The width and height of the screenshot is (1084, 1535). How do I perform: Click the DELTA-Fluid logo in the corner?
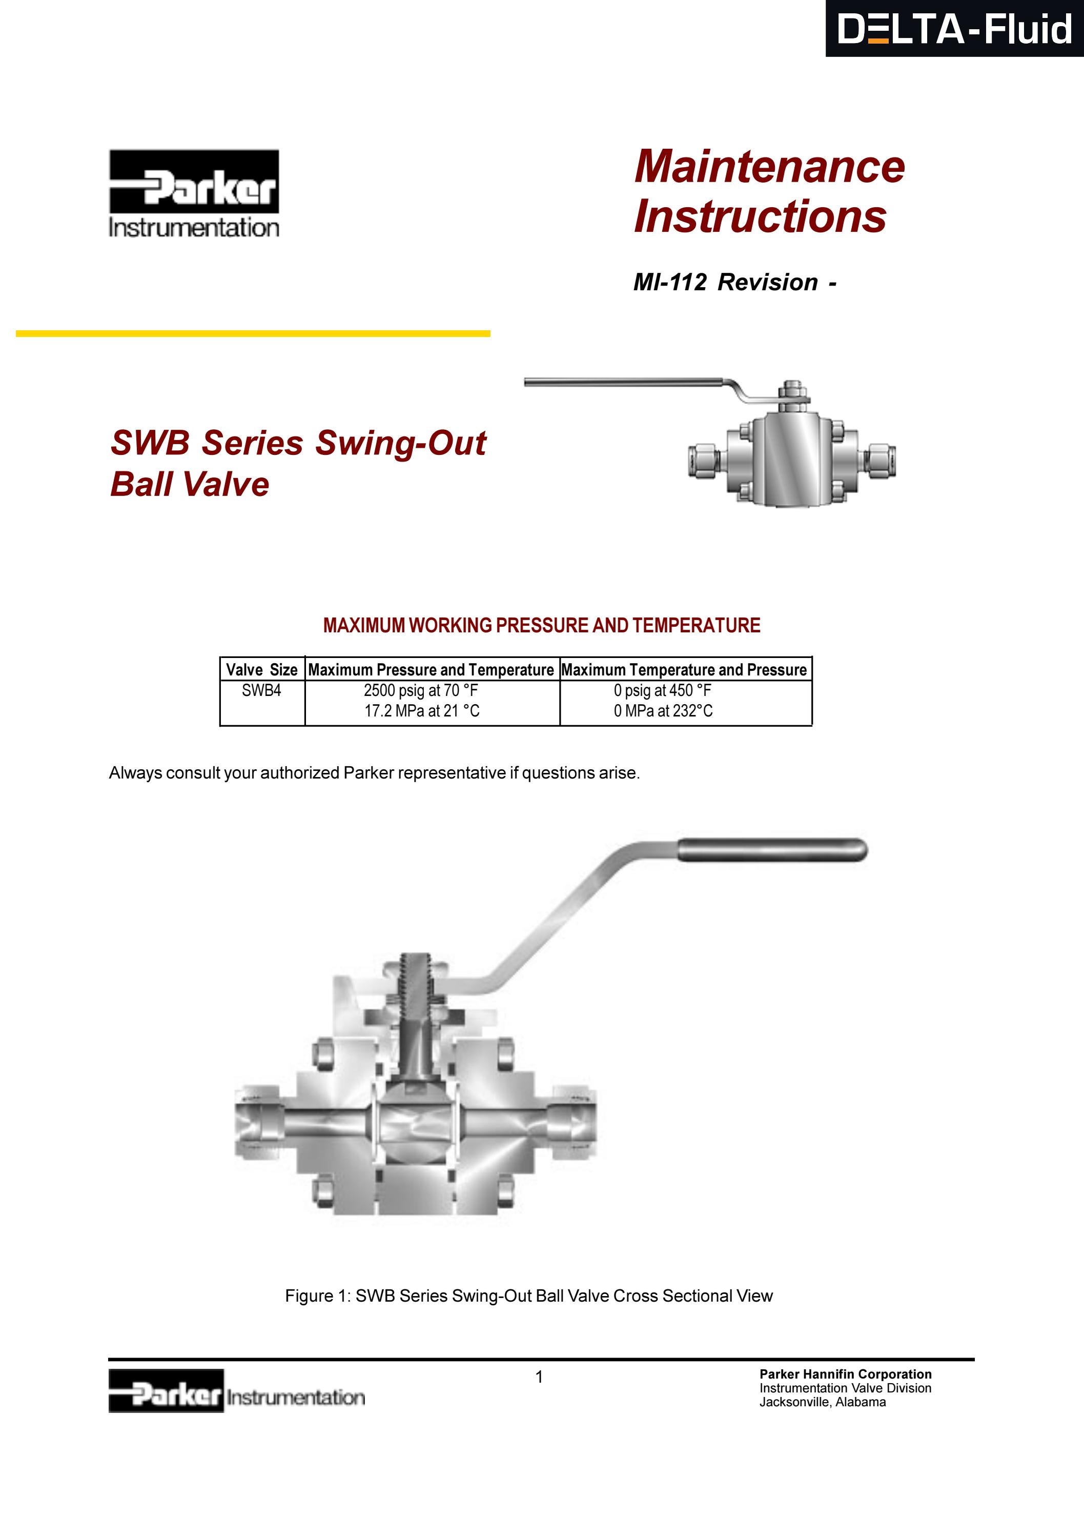point(954,29)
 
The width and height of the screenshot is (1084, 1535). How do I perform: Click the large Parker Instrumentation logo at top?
point(194,192)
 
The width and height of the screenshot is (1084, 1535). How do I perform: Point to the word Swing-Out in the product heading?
point(400,443)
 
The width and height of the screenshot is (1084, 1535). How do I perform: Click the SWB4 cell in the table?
point(261,691)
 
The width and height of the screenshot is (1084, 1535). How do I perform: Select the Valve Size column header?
point(261,669)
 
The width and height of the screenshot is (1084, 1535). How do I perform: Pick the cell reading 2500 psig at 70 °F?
point(420,691)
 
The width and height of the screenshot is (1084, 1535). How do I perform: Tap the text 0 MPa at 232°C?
point(663,711)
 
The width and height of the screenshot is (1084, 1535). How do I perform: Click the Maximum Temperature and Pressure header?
point(684,669)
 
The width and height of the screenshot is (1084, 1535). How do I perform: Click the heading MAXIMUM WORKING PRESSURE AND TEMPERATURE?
point(541,625)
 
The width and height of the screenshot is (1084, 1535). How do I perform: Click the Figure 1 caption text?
point(528,1295)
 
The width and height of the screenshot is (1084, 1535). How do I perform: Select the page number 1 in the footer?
point(539,1377)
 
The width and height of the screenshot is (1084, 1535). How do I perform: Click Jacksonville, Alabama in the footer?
point(822,1403)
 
